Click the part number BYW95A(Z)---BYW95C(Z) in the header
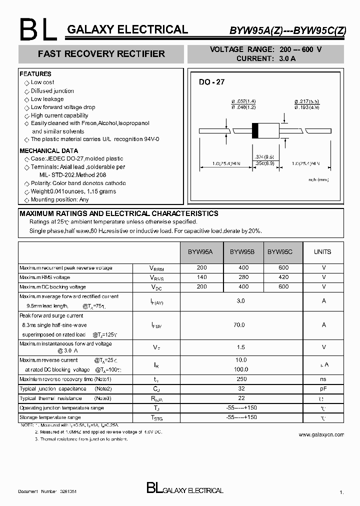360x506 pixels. pyautogui.click(x=287, y=30)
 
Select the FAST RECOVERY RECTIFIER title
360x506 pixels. pyautogui.click(x=101, y=53)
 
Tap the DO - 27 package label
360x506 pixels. pyautogui.click(x=212, y=81)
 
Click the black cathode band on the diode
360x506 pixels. pyautogui.click(x=255, y=130)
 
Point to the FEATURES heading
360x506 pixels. pyautogui.click(x=35, y=74)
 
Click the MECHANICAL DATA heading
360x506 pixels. pyautogui.click(x=48, y=150)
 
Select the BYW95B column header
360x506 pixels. pyautogui.click(x=242, y=252)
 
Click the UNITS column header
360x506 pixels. pyautogui.click(x=322, y=252)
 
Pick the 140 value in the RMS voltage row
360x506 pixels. pyautogui.click(x=201, y=277)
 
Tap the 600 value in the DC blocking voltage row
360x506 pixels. pyautogui.click(x=283, y=287)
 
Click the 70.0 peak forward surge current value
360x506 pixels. pyautogui.click(x=240, y=325)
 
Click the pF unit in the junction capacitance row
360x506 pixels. pyautogui.click(x=323, y=388)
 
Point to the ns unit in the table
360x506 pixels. pyautogui.click(x=323, y=379)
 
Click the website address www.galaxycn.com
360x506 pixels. pyautogui.click(x=321, y=435)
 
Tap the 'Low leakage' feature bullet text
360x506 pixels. pyautogui.click(x=47, y=99)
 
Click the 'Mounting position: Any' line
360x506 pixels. pyautogui.click(x=59, y=199)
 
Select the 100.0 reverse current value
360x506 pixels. pyautogui.click(x=240, y=369)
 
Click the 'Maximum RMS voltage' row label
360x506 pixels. pyautogui.click(x=45, y=277)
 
